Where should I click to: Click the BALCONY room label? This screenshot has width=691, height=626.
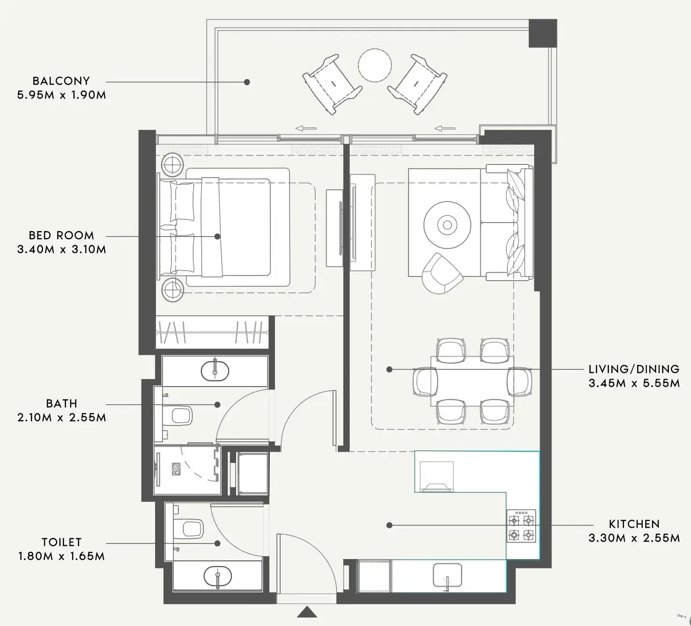(61, 81)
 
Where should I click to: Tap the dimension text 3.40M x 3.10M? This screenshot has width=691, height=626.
(61, 249)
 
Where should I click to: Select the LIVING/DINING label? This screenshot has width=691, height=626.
(634, 369)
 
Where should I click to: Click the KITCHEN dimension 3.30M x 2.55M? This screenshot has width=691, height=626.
(634, 538)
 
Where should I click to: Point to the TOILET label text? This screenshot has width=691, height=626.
(61, 542)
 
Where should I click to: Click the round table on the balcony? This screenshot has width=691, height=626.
(375, 66)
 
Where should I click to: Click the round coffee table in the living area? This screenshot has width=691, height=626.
(447, 225)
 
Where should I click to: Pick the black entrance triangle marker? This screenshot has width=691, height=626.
(307, 612)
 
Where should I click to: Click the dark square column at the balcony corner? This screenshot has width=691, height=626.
(542, 33)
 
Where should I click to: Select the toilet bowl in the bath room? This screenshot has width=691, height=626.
(181, 415)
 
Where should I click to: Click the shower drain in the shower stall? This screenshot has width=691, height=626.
(176, 469)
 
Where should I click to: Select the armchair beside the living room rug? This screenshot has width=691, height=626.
(442, 274)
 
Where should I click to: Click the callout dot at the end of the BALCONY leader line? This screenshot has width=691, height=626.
(247, 82)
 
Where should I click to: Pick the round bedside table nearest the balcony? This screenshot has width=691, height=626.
(173, 164)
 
